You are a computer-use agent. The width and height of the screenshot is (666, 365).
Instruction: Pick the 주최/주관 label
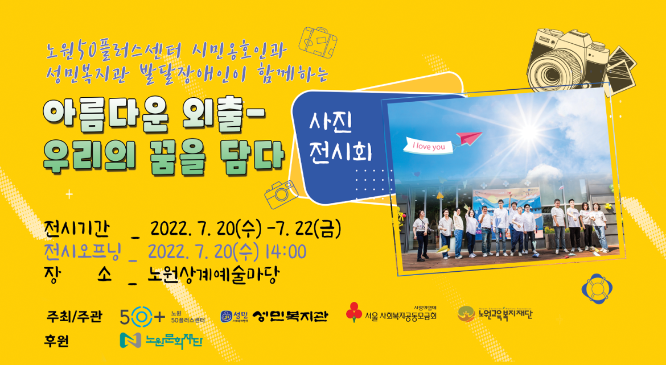coord(74,316)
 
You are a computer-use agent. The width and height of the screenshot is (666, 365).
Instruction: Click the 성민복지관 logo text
coord(290,316)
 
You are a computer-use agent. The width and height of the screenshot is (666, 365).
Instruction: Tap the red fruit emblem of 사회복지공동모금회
coord(354,311)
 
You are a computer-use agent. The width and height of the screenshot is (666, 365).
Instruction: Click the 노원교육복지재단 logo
coord(495,313)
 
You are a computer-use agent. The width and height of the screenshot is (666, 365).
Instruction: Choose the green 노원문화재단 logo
coord(161,341)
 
